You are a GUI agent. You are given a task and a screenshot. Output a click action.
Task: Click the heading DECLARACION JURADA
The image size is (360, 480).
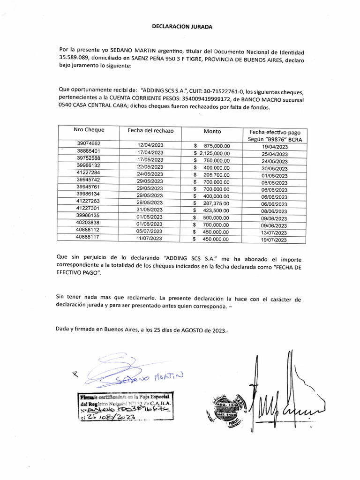[x=182, y=27]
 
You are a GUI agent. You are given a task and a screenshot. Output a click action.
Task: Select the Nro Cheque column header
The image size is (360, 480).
[x=89, y=130]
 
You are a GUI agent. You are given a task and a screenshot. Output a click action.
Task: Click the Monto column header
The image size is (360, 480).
[x=212, y=131]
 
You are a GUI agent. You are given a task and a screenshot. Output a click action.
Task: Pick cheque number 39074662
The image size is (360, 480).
[x=89, y=144]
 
